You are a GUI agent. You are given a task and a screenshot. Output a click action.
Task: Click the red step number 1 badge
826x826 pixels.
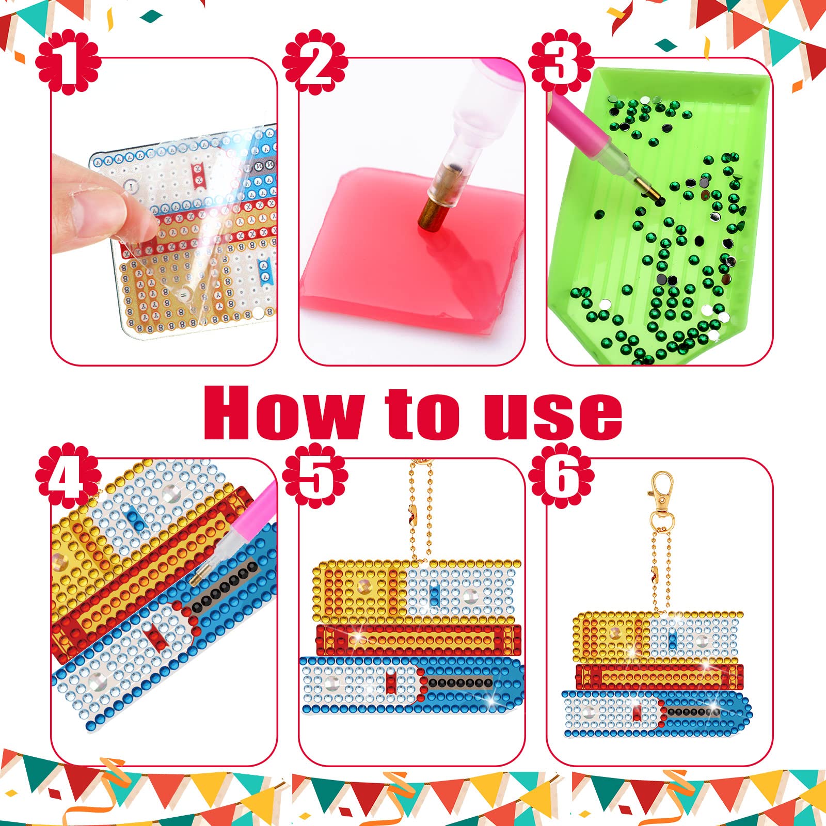tap(68, 64)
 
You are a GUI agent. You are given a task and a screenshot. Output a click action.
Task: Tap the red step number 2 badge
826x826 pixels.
tap(315, 64)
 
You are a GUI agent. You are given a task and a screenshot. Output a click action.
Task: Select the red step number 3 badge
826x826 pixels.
tap(561, 64)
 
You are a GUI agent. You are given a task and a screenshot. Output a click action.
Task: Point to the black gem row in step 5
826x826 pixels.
tap(459, 683)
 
